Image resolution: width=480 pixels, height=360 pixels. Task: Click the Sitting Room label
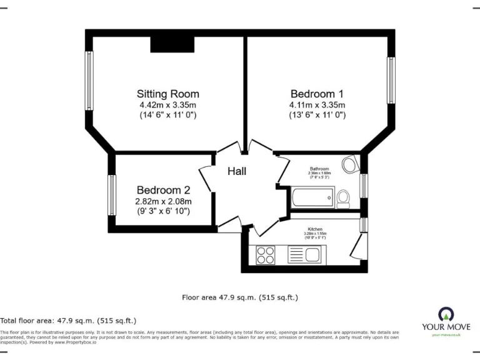[167, 94]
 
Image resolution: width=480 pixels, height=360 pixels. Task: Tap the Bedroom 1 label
[317, 94]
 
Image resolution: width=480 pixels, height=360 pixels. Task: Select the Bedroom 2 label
[163, 190]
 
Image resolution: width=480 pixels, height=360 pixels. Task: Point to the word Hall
[236, 171]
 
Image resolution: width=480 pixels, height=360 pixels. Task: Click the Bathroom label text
[319, 169]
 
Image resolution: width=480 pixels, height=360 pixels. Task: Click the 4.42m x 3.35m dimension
[167, 105]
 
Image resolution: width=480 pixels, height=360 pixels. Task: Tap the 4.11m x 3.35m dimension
[317, 105]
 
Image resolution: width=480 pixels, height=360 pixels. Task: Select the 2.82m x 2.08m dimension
[163, 201]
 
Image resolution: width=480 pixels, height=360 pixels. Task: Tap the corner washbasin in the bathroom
[349, 164]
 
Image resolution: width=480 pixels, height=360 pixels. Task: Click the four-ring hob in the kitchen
[266, 254]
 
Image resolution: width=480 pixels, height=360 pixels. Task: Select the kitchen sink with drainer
[304, 254]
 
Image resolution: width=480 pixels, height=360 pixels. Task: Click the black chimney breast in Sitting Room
[172, 44]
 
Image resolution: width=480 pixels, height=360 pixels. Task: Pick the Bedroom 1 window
[391, 80]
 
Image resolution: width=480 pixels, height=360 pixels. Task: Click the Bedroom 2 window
[112, 194]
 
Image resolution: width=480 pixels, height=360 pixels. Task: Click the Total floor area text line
[68, 320]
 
